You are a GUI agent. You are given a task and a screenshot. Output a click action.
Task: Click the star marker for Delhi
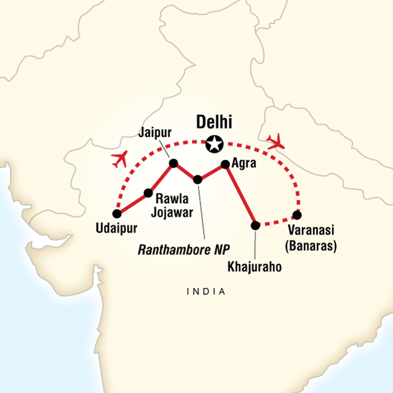pyautogui.click(x=214, y=143)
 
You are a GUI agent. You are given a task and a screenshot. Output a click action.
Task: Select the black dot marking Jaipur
pyautogui.click(x=173, y=164)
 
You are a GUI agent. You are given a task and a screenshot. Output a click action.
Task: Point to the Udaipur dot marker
pyautogui.click(x=117, y=214)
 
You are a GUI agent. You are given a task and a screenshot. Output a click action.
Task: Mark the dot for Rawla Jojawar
pyautogui.click(x=148, y=193)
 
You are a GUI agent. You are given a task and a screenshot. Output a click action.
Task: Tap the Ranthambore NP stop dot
pyautogui.click(x=198, y=179)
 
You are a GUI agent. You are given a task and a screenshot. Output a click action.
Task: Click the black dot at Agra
pyautogui.click(x=225, y=164)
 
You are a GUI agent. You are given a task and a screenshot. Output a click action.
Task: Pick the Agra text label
pyautogui.click(x=245, y=165)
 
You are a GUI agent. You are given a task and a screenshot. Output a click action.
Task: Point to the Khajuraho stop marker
pyautogui.click(x=255, y=225)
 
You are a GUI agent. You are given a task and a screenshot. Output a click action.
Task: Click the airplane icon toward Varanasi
pyautogui.click(x=276, y=140)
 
